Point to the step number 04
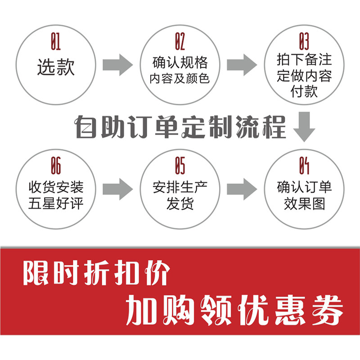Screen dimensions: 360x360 [304, 166]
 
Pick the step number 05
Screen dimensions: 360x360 [180, 166]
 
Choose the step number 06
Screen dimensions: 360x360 [55, 166]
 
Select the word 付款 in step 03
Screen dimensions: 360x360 [304, 91]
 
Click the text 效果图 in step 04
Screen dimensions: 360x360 [304, 204]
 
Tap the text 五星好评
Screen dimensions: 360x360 [55, 204]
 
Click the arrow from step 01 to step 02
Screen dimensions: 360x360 [117, 65]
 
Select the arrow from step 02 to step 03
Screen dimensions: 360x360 [242, 65]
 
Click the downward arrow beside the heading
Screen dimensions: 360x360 [304, 127]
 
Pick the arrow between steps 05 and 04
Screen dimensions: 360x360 [242, 188]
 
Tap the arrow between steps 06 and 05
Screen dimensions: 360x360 [117, 188]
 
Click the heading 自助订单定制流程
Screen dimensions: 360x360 [180, 127]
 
